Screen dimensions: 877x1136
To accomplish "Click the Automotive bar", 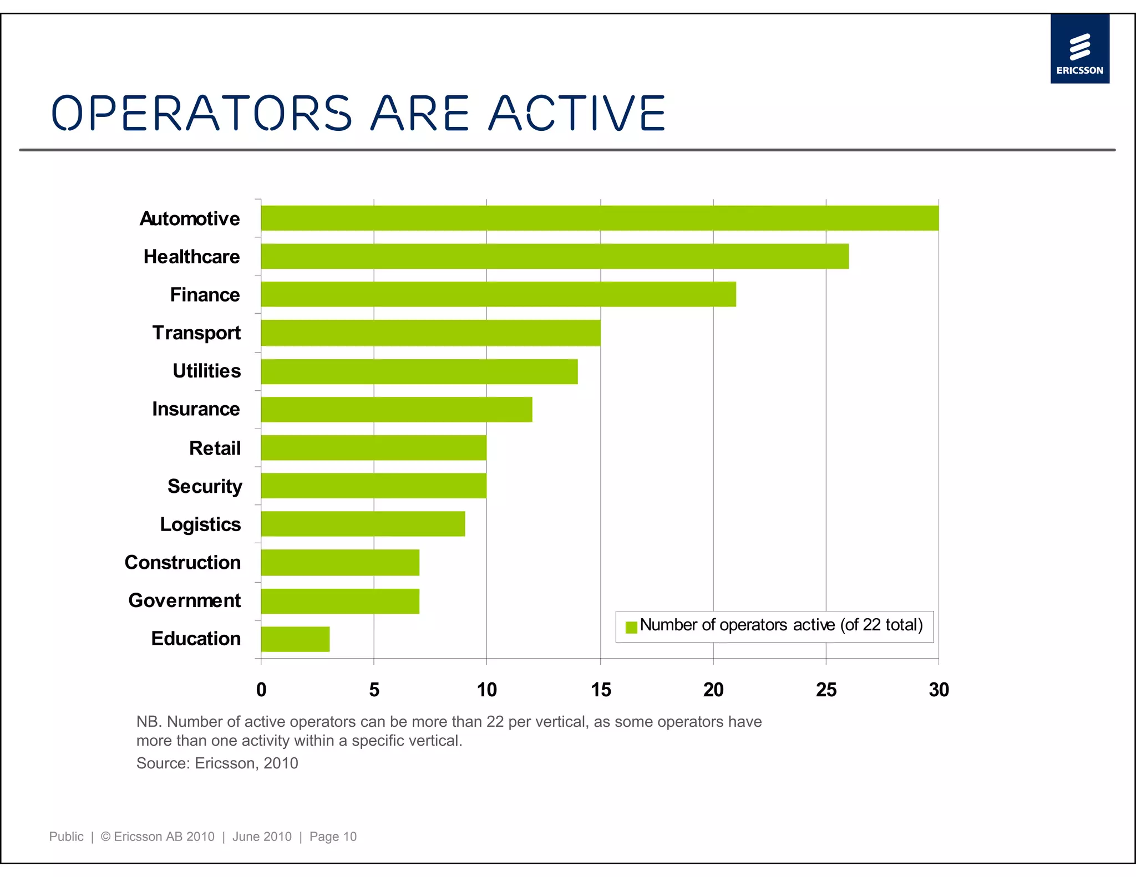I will [599, 218].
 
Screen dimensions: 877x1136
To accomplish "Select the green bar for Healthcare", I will [555, 256].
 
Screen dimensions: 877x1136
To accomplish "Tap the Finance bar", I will [498, 294].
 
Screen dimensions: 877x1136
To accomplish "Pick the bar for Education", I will [295, 639].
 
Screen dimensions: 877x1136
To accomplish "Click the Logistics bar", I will [363, 524].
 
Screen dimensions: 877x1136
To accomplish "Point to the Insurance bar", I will [396, 409].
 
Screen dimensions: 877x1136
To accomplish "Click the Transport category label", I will [196, 333].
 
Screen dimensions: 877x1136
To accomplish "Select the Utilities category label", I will [206, 371].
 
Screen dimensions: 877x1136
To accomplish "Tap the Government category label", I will [184, 600].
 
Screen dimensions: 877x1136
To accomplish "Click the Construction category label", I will [182, 562].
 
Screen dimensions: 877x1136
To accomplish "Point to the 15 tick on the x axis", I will [601, 690].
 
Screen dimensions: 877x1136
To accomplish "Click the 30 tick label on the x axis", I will [939, 690].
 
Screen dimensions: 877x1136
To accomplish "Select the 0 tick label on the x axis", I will [261, 690].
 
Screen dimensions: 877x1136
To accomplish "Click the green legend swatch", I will [631, 627].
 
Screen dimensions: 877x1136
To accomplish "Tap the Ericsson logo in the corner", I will [1079, 49].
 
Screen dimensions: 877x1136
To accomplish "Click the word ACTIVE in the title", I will [577, 114].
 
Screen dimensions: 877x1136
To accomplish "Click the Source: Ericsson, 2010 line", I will [217, 763].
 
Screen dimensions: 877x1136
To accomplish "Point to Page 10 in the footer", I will [333, 837].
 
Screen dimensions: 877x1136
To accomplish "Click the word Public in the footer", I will [66, 837].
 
